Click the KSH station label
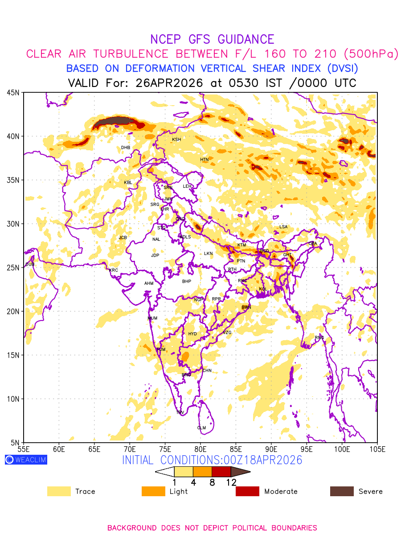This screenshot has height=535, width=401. click(x=176, y=140)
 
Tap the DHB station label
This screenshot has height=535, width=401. click(x=126, y=148)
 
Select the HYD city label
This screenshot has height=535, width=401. click(x=192, y=334)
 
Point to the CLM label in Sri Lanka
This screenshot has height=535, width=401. click(x=201, y=428)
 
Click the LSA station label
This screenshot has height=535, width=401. click(x=283, y=227)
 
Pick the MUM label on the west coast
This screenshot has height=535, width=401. click(x=152, y=318)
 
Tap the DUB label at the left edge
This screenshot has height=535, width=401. click(x=29, y=265)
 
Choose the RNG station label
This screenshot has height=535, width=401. click(x=319, y=337)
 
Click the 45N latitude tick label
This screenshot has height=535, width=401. click(x=12, y=93)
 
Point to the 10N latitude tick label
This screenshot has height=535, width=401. click(x=12, y=399)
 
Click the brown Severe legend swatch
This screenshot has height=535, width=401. click(x=342, y=491)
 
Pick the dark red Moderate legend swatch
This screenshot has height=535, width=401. click(x=247, y=491)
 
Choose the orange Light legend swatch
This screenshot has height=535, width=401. click(x=153, y=491)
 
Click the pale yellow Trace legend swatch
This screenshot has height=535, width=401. click(x=59, y=491)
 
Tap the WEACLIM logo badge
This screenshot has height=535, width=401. click(x=26, y=460)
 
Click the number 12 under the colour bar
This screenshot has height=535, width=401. click(x=231, y=482)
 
